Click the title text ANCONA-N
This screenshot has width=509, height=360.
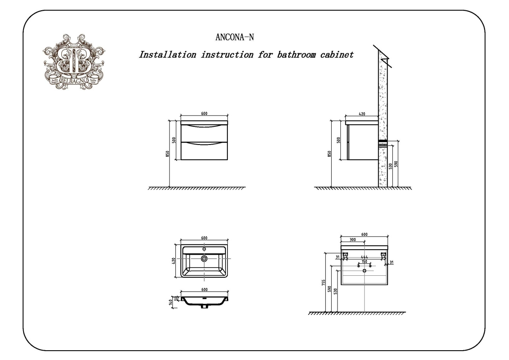point(235,37)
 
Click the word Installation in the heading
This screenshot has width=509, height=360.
point(167,54)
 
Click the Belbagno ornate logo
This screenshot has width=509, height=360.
point(74,62)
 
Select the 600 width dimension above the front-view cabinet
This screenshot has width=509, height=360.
point(204,114)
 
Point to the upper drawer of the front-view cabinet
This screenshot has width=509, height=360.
point(204,132)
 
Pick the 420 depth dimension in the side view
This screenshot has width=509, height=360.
point(362,114)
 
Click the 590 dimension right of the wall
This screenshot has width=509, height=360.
point(396,164)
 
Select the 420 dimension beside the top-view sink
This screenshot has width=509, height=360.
point(174,261)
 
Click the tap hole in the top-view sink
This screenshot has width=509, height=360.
point(204,249)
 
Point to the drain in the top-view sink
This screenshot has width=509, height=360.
point(204,259)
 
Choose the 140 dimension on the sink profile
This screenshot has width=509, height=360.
point(171,302)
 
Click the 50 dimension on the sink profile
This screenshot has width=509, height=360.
point(176,299)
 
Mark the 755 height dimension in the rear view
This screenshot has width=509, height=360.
point(323,283)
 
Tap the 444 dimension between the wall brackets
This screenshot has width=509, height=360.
point(364,257)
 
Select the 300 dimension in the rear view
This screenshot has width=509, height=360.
point(352,240)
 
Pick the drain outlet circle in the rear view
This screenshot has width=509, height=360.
point(364,271)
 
